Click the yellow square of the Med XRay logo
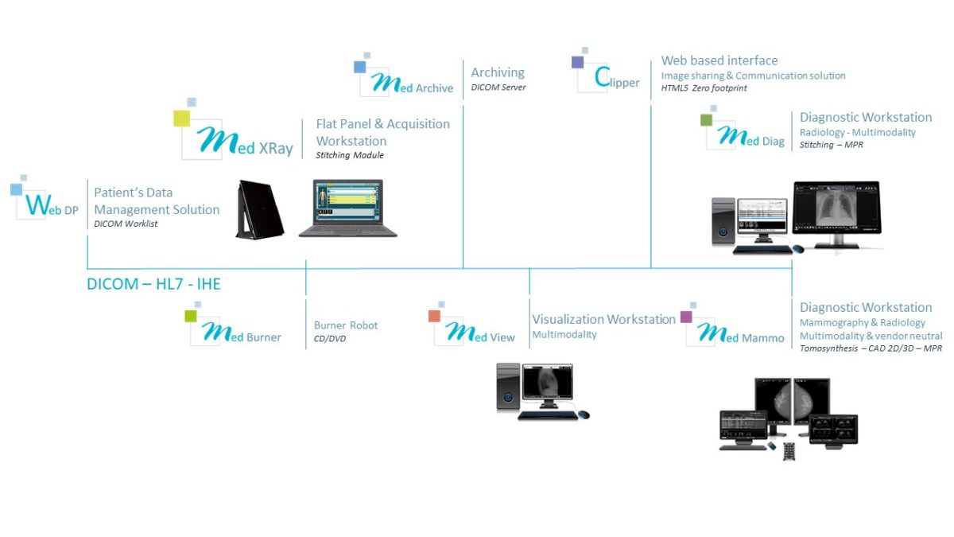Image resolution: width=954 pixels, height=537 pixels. pos(182,119)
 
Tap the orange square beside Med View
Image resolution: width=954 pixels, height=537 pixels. pos(434,317)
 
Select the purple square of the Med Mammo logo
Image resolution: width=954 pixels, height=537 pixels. pos(686,317)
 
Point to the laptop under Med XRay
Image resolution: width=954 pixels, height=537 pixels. pos(348,208)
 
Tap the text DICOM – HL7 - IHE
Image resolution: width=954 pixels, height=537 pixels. pos(153,284)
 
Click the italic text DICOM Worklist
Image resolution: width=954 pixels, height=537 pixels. pos(126,224)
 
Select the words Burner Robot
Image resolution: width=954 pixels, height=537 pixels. pos(346,325)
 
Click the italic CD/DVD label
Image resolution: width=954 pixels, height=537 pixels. pos(330,338)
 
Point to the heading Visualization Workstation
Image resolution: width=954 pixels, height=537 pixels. pos(604,319)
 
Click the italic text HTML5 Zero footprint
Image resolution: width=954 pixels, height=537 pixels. pos(704,88)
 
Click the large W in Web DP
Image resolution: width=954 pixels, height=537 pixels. pos(39,204)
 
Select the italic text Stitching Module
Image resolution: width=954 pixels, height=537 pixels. pos(350,155)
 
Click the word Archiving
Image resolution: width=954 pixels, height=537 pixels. pos(498,72)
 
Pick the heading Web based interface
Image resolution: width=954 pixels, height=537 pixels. pos(719,60)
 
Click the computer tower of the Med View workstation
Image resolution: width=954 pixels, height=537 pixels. pos(508,387)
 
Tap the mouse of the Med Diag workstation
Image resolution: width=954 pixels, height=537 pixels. pos(798,249)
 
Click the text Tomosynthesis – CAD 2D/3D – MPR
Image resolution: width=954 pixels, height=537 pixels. pos(871,348)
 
